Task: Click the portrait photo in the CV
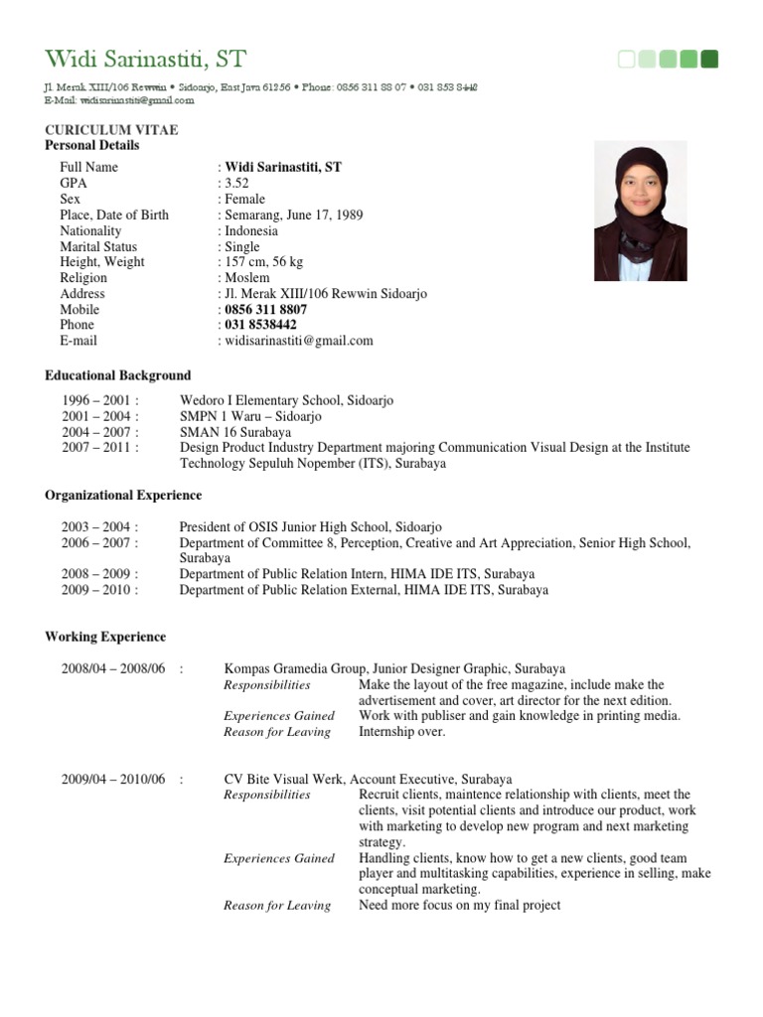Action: coord(641,211)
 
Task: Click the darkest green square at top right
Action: coord(709,60)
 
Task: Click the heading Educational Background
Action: coord(117,375)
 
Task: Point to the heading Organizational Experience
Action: coord(123,495)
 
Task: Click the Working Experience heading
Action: coord(105,637)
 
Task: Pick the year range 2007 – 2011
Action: coord(95,448)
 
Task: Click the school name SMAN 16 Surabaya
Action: coord(235,432)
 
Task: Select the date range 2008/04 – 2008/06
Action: coord(112,668)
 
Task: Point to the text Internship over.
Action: coord(402,732)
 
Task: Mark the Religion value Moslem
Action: coord(247,278)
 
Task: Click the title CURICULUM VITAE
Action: coord(111,130)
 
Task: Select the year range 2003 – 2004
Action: coord(95,526)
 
